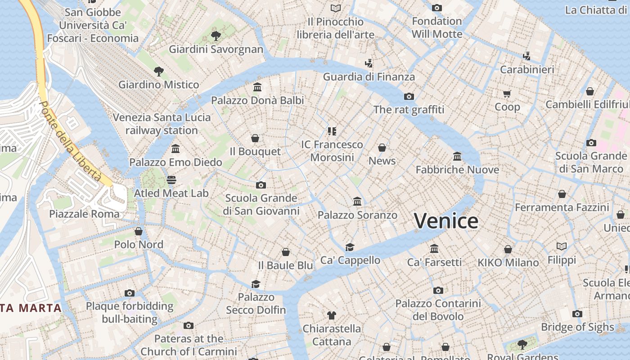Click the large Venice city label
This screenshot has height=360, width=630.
point(446,221)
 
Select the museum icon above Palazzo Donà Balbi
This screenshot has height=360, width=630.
point(257,87)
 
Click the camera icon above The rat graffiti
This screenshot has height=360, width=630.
point(409,96)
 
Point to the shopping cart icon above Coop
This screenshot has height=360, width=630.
point(507,94)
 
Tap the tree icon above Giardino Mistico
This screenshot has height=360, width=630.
point(158,71)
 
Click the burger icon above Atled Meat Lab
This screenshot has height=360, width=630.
point(171,180)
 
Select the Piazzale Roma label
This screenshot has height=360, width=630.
point(85,214)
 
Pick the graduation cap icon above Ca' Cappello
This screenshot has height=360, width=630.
point(350,247)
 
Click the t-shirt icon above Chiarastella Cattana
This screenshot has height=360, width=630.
point(332,315)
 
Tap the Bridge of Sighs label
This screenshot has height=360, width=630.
point(577,327)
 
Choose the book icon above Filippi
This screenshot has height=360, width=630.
point(562,246)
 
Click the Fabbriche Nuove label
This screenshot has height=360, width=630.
point(457,170)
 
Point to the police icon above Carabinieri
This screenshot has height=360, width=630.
point(527,56)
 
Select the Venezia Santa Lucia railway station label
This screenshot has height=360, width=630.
point(162,124)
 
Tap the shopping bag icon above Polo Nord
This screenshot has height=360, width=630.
point(139,231)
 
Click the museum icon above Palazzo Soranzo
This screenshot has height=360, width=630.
point(357,201)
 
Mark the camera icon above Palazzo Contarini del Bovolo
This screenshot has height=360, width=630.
point(438,290)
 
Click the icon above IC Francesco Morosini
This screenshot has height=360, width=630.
point(332,131)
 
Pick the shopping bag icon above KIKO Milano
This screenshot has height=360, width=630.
point(508,249)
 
